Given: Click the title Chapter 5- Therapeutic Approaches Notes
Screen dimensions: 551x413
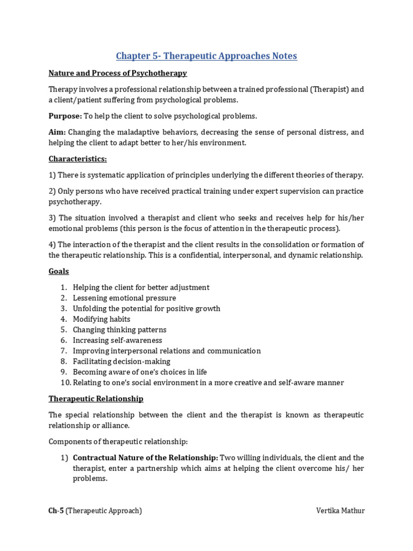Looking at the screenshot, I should [206, 56].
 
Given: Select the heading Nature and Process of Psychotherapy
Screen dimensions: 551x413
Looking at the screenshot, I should [118, 73].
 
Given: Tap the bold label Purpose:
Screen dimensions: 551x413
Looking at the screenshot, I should [65, 116].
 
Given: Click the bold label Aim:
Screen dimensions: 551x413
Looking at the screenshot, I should [57, 132].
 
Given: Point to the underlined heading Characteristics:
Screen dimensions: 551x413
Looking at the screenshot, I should [77, 159].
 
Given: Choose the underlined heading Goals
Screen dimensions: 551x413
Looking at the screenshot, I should [59, 271].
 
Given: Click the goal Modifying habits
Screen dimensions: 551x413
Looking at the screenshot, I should [102, 319].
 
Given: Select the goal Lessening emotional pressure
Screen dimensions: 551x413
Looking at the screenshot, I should [124, 298].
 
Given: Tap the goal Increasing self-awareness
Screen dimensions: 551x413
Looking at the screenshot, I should [117, 340].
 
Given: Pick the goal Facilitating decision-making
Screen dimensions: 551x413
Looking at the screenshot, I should [122, 361].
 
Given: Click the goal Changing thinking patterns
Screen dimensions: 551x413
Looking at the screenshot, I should [119, 329].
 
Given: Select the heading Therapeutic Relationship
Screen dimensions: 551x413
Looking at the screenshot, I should [96, 399].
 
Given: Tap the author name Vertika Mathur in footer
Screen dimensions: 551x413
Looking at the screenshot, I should [340, 511].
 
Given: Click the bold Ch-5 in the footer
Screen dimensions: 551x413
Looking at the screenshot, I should [56, 511].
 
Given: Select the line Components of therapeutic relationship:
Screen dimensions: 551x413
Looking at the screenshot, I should [118, 441].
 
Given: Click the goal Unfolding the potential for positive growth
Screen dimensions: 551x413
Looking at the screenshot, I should [146, 308].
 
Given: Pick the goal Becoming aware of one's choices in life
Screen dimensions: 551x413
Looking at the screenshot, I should [140, 372].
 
